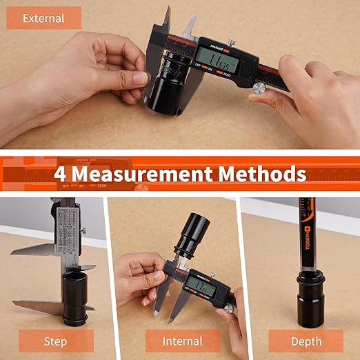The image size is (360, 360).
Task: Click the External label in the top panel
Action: [x=44, y=18]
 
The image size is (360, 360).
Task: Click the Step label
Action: [x=55, y=341]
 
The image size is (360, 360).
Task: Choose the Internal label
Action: [x=182, y=341]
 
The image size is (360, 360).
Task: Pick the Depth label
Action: [x=305, y=341]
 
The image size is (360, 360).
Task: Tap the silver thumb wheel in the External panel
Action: [x=259, y=88]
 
